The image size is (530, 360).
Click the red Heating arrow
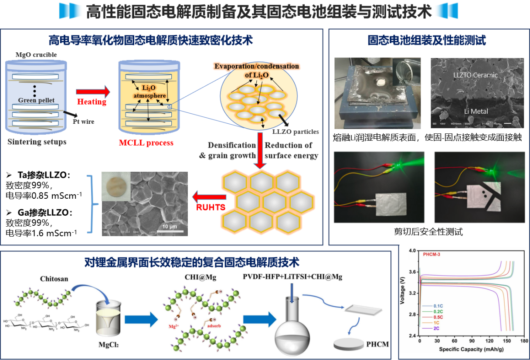pos(92,92)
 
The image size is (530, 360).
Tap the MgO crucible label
pos(36,55)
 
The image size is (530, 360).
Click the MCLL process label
pos(146,143)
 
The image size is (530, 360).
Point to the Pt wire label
pos(83,122)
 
